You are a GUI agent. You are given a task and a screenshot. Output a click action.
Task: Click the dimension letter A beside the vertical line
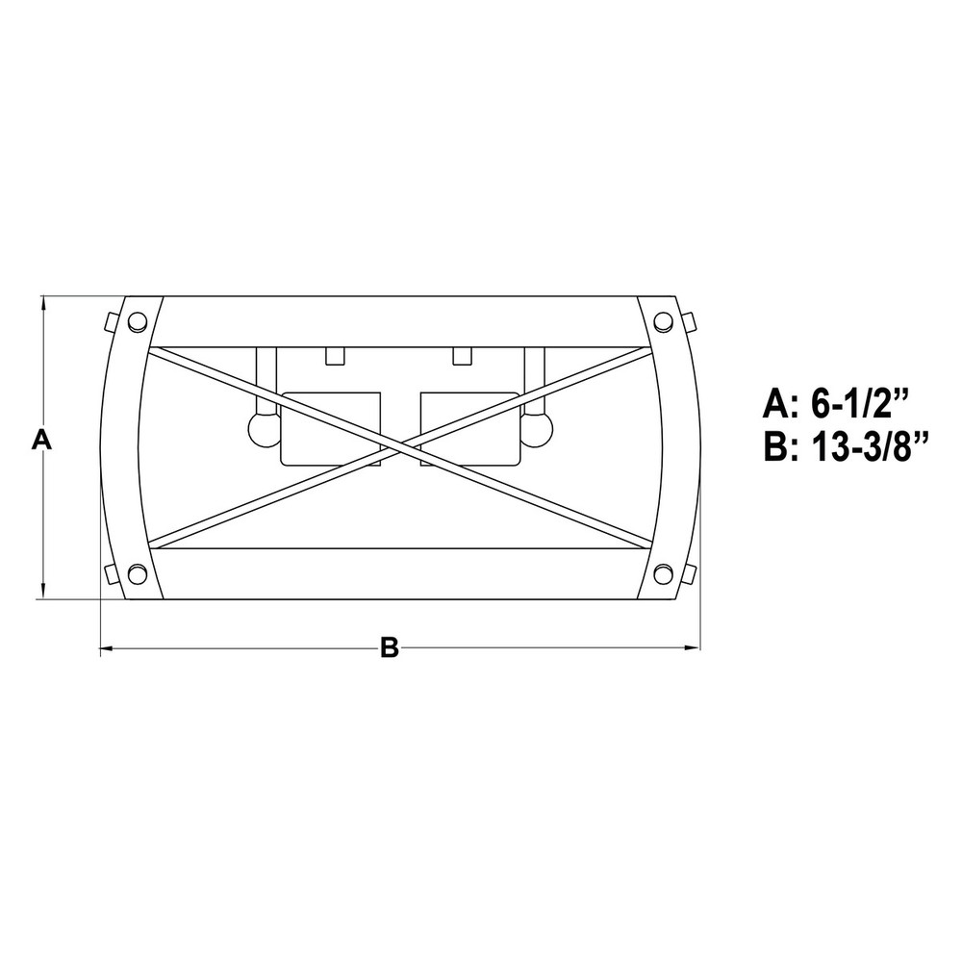click(41, 440)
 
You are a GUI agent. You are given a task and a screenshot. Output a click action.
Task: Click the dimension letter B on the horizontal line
click(390, 647)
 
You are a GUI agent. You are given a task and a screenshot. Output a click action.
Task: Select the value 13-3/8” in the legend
click(869, 446)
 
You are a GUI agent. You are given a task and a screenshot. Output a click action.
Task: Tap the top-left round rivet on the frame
click(138, 321)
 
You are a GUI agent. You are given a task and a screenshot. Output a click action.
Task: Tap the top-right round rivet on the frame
click(663, 321)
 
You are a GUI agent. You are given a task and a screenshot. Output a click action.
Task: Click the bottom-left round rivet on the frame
click(137, 575)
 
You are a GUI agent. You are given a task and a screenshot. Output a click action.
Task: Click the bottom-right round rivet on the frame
click(663, 575)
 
